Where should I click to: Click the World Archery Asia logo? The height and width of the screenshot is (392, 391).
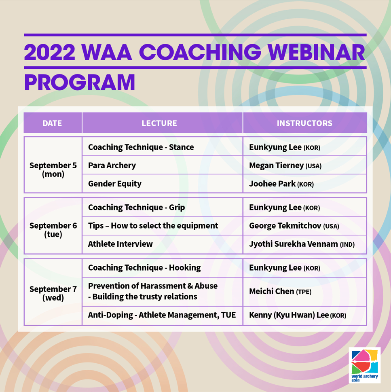pyautogui.click(x=365, y=365)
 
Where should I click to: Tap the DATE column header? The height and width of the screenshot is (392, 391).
pyautogui.click(x=52, y=123)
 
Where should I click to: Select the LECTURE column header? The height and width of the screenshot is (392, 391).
pyautogui.click(x=159, y=123)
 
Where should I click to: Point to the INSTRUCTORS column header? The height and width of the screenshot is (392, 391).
pyautogui.click(x=304, y=123)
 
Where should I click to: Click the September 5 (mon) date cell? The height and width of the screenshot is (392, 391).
pyautogui.click(x=53, y=170)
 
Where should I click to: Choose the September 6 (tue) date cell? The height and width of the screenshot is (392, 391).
pyautogui.click(x=53, y=230)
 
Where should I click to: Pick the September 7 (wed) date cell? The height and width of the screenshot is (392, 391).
pyautogui.click(x=53, y=293)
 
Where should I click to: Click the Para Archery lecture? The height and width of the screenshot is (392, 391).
pyautogui.click(x=112, y=165)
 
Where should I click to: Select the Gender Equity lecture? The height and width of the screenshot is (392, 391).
pyautogui.click(x=115, y=184)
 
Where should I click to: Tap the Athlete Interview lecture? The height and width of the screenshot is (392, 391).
pyautogui.click(x=120, y=244)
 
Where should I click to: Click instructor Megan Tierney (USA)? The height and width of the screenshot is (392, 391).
pyautogui.click(x=285, y=165)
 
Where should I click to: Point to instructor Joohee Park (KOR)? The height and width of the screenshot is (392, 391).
pyautogui.click(x=281, y=184)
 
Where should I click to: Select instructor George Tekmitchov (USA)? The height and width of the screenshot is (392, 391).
pyautogui.click(x=294, y=226)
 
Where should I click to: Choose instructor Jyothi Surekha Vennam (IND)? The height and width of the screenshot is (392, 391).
pyautogui.click(x=302, y=244)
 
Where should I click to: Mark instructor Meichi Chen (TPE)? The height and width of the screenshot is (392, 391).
pyautogui.click(x=280, y=291)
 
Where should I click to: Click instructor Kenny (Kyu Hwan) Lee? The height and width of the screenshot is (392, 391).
pyautogui.click(x=298, y=315)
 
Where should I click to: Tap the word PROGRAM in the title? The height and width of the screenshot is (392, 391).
pyautogui.click(x=79, y=83)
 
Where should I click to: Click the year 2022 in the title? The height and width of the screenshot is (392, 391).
pyautogui.click(x=49, y=52)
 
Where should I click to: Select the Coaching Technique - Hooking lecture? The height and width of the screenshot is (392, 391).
pyautogui.click(x=144, y=268)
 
